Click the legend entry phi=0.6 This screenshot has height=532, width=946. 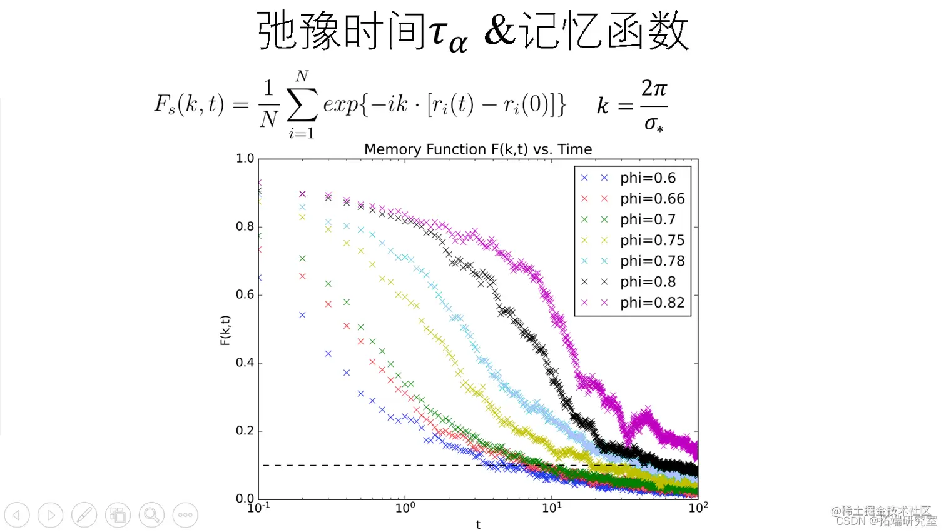(x=648, y=178)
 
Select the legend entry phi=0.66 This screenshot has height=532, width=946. (x=652, y=199)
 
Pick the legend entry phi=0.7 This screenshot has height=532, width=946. (x=648, y=219)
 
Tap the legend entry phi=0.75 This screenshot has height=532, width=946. (x=652, y=240)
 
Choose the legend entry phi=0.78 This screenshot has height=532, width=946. (x=652, y=261)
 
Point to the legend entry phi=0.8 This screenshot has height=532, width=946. (x=648, y=282)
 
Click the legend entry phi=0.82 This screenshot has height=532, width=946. (x=652, y=303)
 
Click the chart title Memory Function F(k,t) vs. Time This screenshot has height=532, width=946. (x=478, y=149)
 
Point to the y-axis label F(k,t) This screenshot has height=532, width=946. (x=225, y=330)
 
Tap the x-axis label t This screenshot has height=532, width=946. (x=478, y=524)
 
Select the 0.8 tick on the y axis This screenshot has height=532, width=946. (x=245, y=226)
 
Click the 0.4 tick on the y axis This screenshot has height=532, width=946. (x=245, y=363)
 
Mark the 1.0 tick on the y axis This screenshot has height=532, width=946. (x=245, y=159)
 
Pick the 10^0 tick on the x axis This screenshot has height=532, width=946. (x=405, y=508)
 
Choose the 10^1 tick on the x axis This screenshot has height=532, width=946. (x=551, y=508)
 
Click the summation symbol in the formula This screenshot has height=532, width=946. (x=302, y=104)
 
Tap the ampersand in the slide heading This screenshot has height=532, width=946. (x=499, y=31)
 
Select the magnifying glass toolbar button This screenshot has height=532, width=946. (x=151, y=515)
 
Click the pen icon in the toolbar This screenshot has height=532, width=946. (x=84, y=515)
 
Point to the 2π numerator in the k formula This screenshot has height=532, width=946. (x=654, y=88)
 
